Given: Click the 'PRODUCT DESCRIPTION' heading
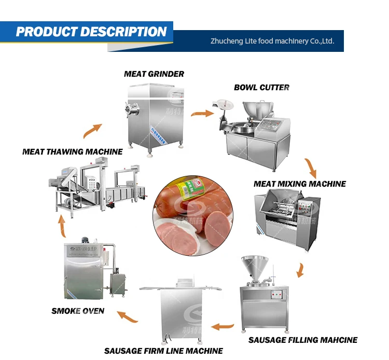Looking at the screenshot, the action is [91, 32].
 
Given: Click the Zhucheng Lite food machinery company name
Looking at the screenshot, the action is [272, 41].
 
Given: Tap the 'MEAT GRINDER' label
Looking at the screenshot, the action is [154, 74].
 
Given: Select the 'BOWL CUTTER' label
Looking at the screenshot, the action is [262, 87].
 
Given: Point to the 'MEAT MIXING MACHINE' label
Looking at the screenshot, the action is [300, 184].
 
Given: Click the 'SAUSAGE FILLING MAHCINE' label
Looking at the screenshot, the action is [303, 340].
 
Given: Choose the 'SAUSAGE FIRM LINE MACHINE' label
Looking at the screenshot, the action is [163, 351].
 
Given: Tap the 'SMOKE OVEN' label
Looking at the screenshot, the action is [78, 311].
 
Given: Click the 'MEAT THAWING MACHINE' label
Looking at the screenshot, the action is [73, 152].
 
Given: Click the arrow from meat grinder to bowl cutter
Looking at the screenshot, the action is [202, 113].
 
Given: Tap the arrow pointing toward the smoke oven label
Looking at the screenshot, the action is [127, 316].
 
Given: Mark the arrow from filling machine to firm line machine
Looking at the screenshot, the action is [223, 327].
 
